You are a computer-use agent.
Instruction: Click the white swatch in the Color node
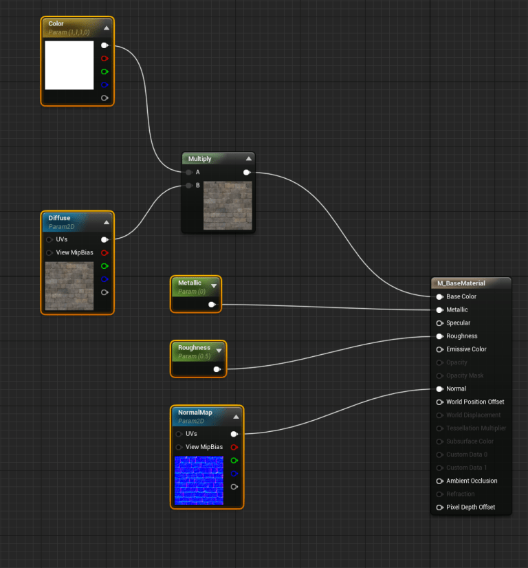(69, 65)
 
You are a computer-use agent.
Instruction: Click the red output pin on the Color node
(104, 58)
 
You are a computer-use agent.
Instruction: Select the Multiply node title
(200, 159)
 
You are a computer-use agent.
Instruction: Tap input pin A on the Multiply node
(189, 172)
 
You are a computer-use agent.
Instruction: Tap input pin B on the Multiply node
(189, 185)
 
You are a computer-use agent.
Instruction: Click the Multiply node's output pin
(246, 172)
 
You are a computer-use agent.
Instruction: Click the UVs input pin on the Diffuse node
(49, 240)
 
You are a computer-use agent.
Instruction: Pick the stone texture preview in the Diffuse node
(69, 285)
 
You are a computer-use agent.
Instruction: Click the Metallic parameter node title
(190, 283)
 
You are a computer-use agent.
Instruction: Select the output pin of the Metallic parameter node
(212, 304)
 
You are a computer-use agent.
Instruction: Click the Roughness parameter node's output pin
(217, 369)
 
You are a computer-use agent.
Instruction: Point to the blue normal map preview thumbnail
(199, 481)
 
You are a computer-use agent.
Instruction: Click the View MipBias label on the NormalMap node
(204, 447)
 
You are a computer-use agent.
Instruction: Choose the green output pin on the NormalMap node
(234, 460)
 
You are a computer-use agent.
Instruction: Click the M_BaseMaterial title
(461, 283)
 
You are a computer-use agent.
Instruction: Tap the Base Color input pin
(440, 297)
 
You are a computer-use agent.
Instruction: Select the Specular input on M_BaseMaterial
(440, 323)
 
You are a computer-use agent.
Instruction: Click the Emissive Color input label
(466, 349)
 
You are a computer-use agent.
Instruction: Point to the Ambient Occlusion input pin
(440, 481)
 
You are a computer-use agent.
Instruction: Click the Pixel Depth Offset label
(470, 507)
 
